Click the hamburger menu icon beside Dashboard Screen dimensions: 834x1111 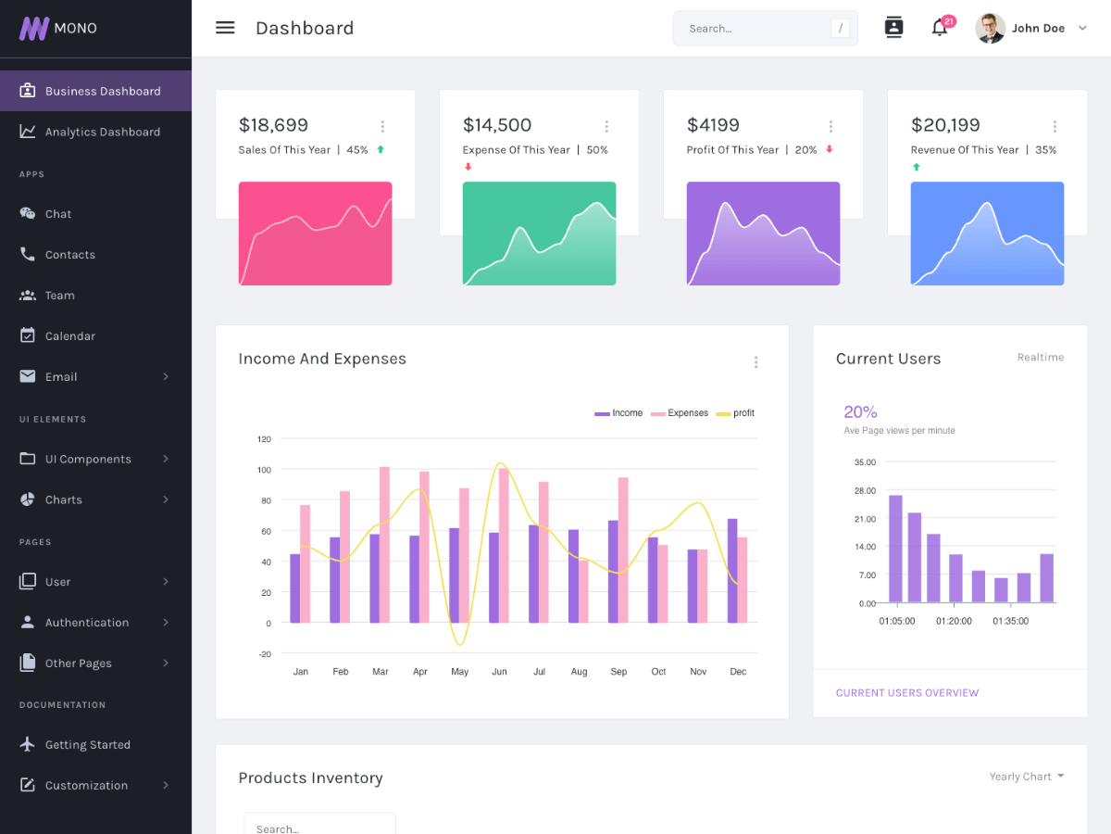tap(225, 28)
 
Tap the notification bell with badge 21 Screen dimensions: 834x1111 tap(939, 28)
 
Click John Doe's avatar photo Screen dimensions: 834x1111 tap(990, 28)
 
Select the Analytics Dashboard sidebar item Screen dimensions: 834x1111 tap(102, 132)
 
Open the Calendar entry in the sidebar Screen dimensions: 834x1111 tap(69, 335)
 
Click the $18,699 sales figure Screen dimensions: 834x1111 tap(273, 125)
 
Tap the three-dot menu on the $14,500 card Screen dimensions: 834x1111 tap(606, 127)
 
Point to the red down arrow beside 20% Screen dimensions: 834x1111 tap(830, 149)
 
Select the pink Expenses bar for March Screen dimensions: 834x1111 tap(384, 544)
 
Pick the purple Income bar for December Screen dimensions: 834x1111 tap(732, 570)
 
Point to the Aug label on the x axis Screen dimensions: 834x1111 tap(579, 672)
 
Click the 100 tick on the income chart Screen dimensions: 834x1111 tap(264, 470)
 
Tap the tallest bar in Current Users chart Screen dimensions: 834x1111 tap(895, 549)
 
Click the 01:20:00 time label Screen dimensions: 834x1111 tap(954, 621)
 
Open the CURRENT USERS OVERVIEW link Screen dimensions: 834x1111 tap(906, 693)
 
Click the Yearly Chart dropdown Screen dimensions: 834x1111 tap(1026, 777)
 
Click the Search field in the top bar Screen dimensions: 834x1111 tap(755, 29)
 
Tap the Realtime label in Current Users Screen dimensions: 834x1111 tap(1040, 358)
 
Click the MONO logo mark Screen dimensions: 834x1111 tap(34, 28)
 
